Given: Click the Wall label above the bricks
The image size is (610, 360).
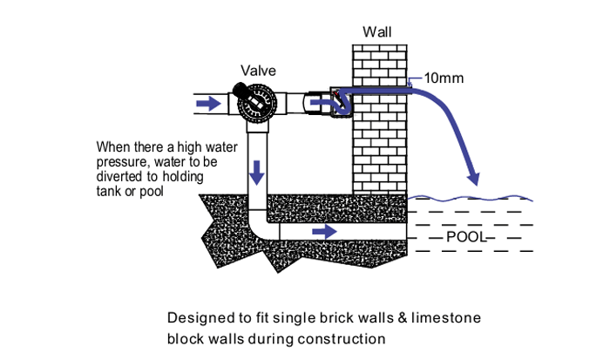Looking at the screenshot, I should point(376,32).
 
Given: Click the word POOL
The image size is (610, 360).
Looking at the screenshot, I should point(465,236).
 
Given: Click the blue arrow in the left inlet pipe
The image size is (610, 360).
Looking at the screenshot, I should point(207,104).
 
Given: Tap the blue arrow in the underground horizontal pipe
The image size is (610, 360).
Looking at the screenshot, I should point(323,232).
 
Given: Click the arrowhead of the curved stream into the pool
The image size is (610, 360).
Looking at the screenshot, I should point(473,180).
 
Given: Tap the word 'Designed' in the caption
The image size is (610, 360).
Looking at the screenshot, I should point(196,317).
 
